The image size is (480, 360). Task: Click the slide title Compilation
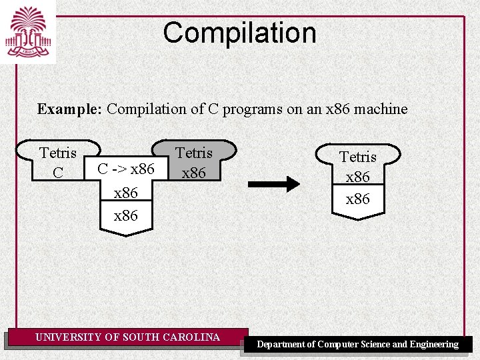click(x=239, y=33)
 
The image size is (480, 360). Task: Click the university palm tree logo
click(x=29, y=31)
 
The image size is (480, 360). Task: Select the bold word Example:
click(x=69, y=109)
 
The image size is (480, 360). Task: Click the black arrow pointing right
click(x=274, y=183)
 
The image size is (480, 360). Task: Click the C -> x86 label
click(x=126, y=169)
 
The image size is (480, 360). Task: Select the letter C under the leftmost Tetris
click(x=58, y=173)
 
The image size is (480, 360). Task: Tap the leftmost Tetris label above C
click(x=58, y=153)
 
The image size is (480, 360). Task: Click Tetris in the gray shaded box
click(x=193, y=153)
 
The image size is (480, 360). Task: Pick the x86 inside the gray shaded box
click(x=193, y=173)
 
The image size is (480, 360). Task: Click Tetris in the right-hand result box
click(x=358, y=157)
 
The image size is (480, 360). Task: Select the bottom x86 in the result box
click(x=358, y=199)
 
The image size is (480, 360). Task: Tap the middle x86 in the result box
click(x=358, y=178)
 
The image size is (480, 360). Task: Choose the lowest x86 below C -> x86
click(x=126, y=216)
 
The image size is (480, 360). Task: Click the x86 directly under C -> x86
click(x=126, y=193)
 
